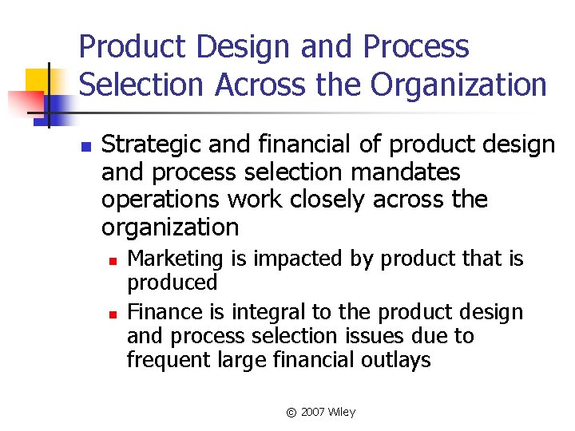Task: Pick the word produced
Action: point(172,283)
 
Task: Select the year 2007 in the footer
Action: point(313,412)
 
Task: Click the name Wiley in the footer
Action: point(342,412)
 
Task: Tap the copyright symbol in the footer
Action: point(291,413)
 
